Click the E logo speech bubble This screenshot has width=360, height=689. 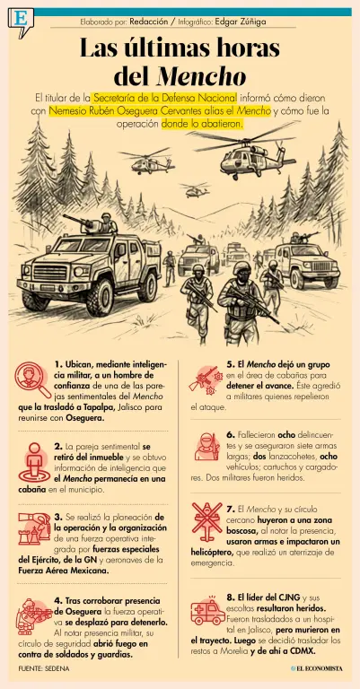(21, 21)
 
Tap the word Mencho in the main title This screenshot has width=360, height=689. (200, 76)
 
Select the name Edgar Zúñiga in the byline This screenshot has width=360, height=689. (240, 22)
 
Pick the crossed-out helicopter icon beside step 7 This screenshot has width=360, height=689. (207, 522)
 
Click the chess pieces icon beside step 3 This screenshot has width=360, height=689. (34, 528)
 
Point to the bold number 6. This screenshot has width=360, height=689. (231, 435)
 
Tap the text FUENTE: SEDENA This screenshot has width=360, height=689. (44, 668)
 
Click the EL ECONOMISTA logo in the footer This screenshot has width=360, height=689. (316, 668)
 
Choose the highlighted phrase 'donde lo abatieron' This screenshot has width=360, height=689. (202, 124)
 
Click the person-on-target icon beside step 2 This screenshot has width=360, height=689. (34, 463)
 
